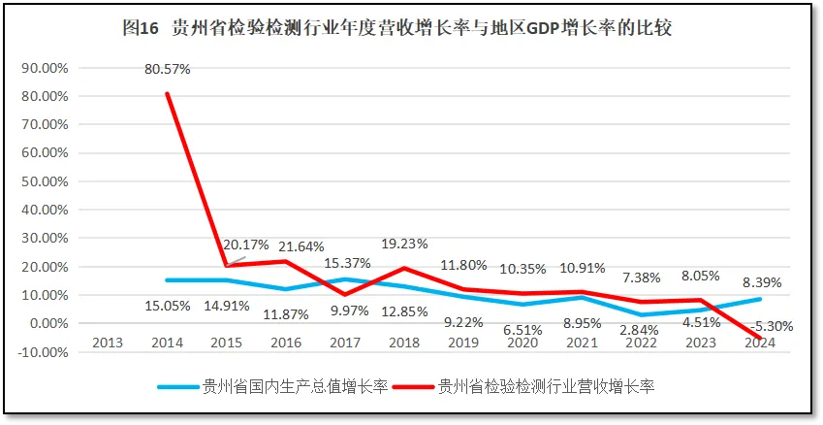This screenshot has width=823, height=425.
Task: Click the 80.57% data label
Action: (167, 70)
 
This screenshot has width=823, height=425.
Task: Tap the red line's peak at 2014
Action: (167, 94)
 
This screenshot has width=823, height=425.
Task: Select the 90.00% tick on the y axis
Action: (44, 69)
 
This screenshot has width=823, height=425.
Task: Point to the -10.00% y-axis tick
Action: (42, 351)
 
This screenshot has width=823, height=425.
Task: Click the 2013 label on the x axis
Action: (107, 342)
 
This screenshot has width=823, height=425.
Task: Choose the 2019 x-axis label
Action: (463, 342)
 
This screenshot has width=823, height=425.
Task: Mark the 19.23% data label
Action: (404, 244)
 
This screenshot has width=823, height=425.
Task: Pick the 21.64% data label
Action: (301, 246)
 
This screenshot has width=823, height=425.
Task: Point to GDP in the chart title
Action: (548, 28)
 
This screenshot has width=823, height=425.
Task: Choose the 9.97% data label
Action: (345, 311)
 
